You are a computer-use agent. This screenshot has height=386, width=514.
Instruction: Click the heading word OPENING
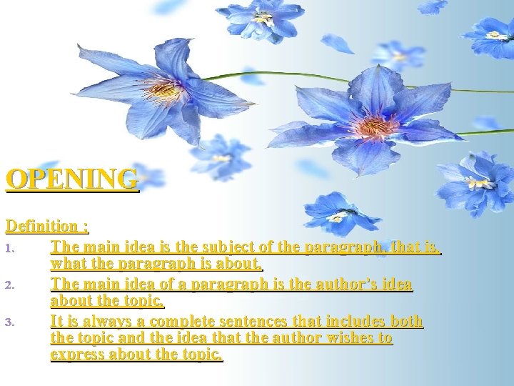(72, 179)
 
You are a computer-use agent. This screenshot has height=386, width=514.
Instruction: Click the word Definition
(42, 226)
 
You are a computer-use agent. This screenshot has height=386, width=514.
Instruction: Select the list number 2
(9, 285)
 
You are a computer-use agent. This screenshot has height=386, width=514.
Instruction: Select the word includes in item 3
(347, 321)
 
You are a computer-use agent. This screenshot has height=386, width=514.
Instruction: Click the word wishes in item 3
(345, 337)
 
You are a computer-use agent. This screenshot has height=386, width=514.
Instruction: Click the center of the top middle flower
(263, 19)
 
